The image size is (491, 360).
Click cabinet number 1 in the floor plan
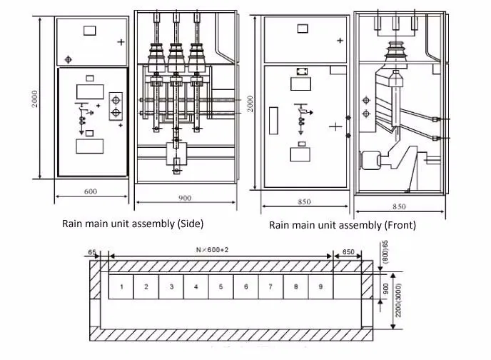pyautogui.click(x=122, y=287)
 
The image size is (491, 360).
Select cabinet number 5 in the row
pyautogui.click(x=221, y=287)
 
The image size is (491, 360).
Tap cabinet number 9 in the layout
pyautogui.click(x=320, y=287)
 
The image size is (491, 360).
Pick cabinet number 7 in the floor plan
pyautogui.click(x=270, y=287)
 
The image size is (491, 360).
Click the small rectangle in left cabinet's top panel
pyautogui.click(x=89, y=30)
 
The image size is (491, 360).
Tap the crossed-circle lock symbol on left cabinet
pyautogui.click(x=69, y=58)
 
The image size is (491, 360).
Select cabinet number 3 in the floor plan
pyautogui.click(x=171, y=287)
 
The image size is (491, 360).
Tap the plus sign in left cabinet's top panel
pyautogui.click(x=121, y=42)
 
